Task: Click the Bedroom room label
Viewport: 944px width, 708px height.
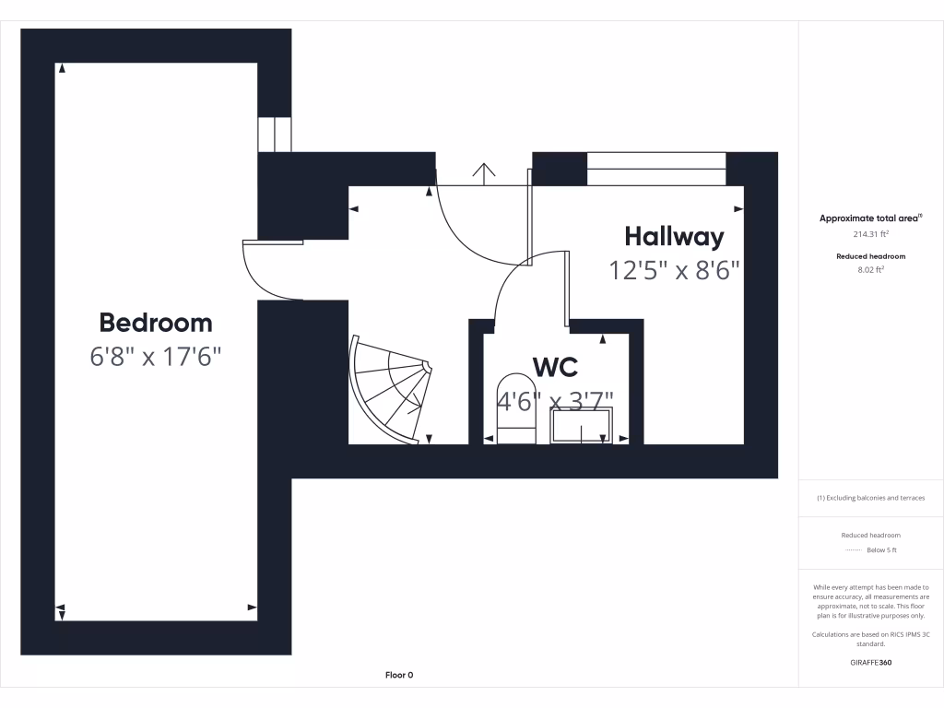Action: click(156, 323)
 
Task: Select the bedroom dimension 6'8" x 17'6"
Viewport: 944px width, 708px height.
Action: click(156, 357)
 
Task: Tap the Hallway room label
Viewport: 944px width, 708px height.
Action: click(674, 237)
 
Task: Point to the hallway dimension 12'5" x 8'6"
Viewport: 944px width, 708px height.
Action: click(674, 270)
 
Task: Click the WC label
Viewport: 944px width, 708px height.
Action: click(556, 367)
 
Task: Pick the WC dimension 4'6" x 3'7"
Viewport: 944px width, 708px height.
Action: click(556, 402)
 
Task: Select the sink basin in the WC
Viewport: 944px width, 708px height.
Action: click(581, 427)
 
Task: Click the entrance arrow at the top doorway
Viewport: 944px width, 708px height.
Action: click(483, 172)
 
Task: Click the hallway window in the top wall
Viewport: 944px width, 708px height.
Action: click(656, 169)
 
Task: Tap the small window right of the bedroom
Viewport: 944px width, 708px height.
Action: click(275, 135)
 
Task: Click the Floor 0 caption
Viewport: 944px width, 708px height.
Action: click(399, 675)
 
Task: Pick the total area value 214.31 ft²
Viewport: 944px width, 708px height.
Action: click(870, 234)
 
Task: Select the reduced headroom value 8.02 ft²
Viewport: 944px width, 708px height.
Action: click(870, 270)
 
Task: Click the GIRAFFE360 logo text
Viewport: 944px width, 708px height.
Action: click(870, 662)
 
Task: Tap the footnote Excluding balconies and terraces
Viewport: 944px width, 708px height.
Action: click(870, 498)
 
